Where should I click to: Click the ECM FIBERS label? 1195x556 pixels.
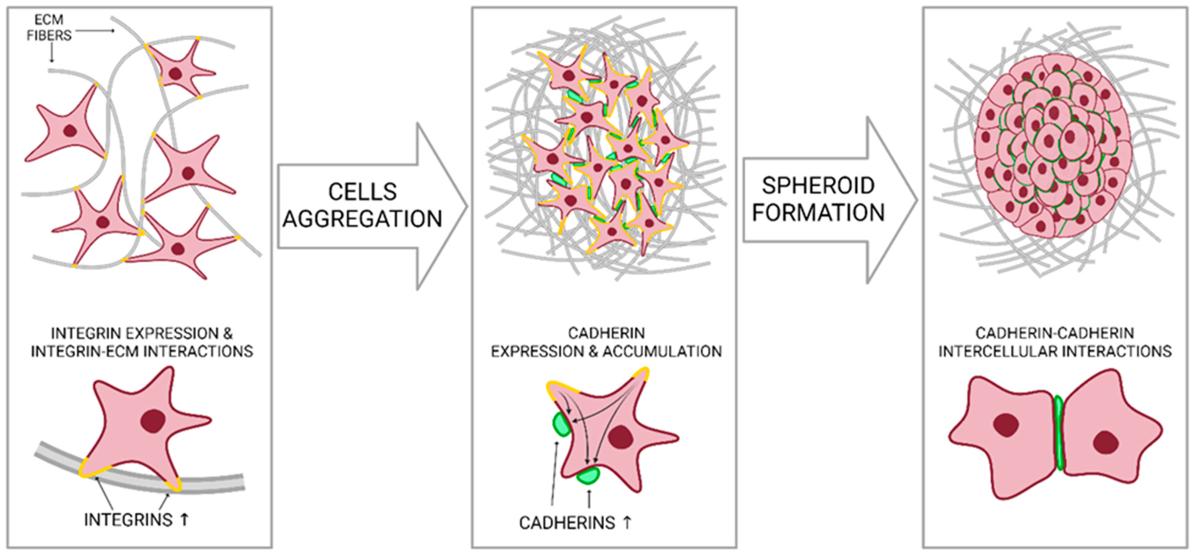(x=49, y=28)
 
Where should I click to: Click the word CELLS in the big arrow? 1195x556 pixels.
(x=362, y=192)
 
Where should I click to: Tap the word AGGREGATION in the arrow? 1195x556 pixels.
(x=362, y=219)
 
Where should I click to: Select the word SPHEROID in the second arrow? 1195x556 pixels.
(x=818, y=186)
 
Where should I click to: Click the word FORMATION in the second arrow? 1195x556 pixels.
(x=818, y=212)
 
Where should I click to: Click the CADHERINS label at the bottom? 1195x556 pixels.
(x=567, y=523)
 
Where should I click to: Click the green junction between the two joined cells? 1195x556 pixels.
(x=1058, y=433)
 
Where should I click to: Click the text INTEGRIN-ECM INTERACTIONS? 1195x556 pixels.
(x=142, y=351)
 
